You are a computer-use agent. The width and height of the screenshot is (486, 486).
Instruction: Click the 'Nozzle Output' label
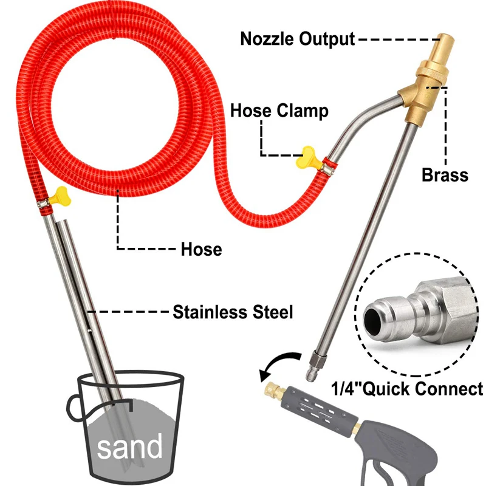[x=297, y=39]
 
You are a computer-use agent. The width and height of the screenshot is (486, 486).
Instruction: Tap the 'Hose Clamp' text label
[x=279, y=111]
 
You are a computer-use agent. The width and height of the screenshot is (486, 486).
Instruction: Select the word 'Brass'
[x=445, y=176]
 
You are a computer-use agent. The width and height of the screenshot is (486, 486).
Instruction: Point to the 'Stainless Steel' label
[x=233, y=313]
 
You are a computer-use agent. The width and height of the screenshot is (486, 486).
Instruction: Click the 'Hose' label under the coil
[x=201, y=249]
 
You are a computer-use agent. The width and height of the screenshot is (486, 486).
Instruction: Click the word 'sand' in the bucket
[x=130, y=448]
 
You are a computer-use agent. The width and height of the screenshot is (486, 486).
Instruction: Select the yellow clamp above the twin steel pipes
[x=60, y=195]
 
